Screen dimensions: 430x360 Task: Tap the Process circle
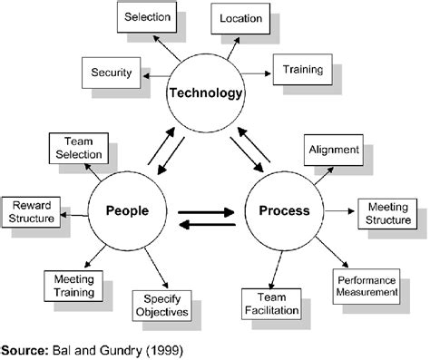pos(284,210)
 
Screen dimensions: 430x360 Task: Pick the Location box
pos(240,17)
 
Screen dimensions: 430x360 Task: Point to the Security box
pos(112,72)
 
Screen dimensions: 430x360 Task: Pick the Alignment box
pos(335,149)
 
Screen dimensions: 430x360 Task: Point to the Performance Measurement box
pos(366,286)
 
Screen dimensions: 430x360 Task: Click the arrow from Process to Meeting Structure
pos(339,211)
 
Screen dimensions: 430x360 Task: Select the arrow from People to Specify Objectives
pos(152,268)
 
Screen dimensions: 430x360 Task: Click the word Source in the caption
pos(25,348)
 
